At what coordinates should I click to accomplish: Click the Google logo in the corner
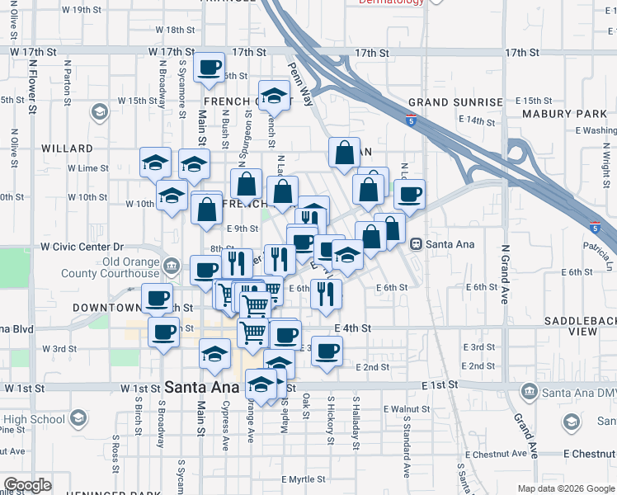[x=27, y=485]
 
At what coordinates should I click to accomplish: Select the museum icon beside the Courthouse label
[x=171, y=266]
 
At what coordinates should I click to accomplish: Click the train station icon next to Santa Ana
[x=416, y=244]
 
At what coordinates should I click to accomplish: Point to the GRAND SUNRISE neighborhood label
[x=455, y=102]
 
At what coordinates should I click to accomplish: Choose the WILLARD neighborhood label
[x=67, y=148]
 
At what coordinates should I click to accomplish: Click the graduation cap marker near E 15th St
[x=273, y=94]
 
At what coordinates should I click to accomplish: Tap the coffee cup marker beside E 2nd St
[x=327, y=350]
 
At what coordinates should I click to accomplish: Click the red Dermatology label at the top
[x=392, y=2]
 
